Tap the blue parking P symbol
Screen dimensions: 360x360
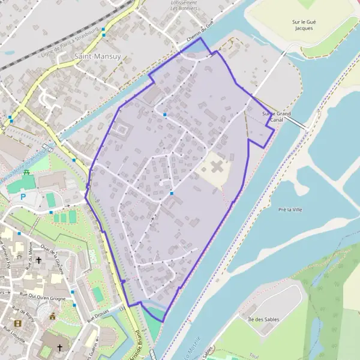(23, 196)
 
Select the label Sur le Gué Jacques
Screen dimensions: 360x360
(304, 25)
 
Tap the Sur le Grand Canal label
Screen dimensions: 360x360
(276, 116)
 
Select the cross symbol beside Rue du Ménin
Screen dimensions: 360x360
(39, 260)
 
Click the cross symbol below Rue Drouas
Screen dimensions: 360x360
(59, 347)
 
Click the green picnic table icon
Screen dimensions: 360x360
(26, 173)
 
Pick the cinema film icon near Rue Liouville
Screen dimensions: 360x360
(53, 316)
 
